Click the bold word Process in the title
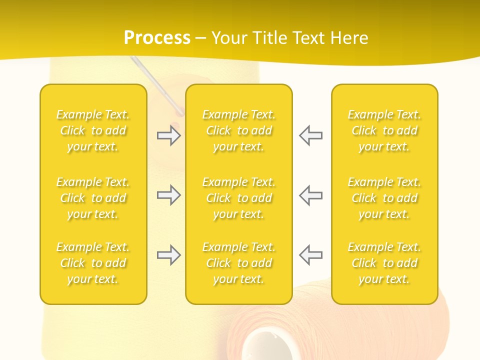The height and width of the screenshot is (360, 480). pyautogui.click(x=157, y=38)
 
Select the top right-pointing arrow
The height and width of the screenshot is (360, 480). pyautogui.click(x=169, y=135)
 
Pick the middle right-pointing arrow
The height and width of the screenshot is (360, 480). pyautogui.click(x=169, y=195)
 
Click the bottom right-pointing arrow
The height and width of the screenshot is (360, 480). pyautogui.click(x=169, y=255)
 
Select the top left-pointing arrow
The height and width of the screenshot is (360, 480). pyautogui.click(x=310, y=135)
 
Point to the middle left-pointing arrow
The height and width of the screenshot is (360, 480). pyautogui.click(x=310, y=195)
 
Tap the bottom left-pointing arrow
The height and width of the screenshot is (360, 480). pyautogui.click(x=310, y=255)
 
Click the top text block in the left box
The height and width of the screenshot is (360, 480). pyautogui.click(x=93, y=130)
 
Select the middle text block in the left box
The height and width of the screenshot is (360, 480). pyautogui.click(x=93, y=198)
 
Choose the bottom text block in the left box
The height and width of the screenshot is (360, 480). pyautogui.click(x=93, y=263)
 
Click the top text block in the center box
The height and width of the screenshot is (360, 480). pyautogui.click(x=238, y=130)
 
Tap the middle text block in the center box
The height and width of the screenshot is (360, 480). pyautogui.click(x=238, y=198)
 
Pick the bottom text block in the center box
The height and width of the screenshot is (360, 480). pyautogui.click(x=238, y=263)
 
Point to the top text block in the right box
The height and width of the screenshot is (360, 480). pyautogui.click(x=384, y=130)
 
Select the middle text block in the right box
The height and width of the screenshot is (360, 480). pyautogui.click(x=384, y=198)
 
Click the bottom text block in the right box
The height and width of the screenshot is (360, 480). pyautogui.click(x=384, y=263)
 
